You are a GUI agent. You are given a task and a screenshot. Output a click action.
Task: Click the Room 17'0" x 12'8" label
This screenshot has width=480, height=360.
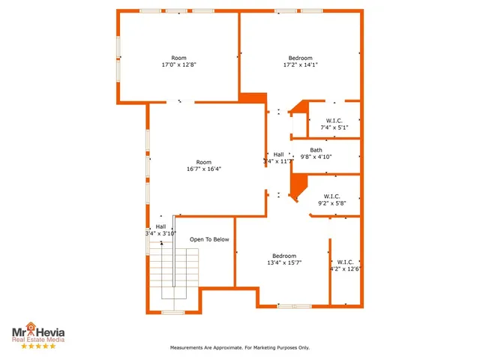coord(178,61)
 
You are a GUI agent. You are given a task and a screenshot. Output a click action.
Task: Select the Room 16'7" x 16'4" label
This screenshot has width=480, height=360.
coord(204,166)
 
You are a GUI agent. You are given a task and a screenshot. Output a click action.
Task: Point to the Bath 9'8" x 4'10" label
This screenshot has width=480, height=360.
coord(316,154)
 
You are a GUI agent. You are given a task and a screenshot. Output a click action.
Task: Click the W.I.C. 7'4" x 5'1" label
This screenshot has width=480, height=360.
coord(334,124)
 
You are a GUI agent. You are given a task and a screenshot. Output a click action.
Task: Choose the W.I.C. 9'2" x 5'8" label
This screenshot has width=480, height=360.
coord(331,199)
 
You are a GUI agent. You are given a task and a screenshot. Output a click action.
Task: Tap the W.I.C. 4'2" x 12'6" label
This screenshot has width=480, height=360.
coord(346,265)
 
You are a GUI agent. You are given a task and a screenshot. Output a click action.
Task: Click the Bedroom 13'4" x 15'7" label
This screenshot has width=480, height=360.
coord(284,259)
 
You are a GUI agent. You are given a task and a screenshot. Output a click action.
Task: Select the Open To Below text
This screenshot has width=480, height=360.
coord(209,239)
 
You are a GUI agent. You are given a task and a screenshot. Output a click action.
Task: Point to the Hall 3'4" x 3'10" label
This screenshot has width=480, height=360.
coord(160,230)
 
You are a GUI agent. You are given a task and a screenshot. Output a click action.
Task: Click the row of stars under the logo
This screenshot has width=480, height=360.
coord(37,346)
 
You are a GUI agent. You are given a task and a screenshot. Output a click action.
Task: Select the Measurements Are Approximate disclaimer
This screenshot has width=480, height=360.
coord(239,348)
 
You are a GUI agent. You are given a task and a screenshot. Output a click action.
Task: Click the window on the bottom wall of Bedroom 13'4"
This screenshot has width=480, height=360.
coord(294,306)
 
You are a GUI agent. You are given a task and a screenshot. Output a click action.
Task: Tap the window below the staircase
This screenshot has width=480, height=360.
coord(173,312)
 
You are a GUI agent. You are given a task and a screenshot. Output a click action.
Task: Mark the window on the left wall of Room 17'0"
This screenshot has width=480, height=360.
coord(118,46)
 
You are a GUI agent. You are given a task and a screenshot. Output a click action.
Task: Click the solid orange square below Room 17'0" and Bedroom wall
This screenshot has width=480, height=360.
coord(253,98)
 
